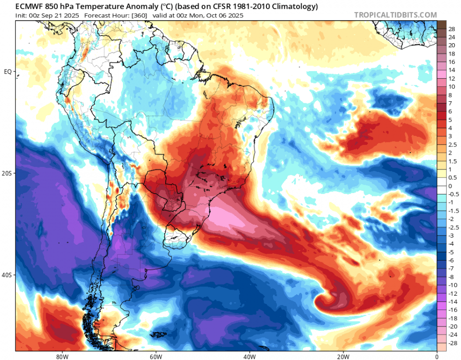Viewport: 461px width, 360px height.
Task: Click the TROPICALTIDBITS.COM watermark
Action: click(395, 15)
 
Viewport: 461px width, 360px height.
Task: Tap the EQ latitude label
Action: click(8, 72)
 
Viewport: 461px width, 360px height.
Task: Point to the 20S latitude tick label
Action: click(7, 173)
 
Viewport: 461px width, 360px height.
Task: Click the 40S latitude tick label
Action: click(7, 275)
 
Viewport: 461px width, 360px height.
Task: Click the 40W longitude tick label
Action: click(249, 356)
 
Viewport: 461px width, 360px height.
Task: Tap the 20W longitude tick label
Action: click(343, 356)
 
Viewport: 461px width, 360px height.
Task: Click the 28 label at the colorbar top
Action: click(451, 29)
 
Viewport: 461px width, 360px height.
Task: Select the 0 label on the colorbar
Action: click(450, 186)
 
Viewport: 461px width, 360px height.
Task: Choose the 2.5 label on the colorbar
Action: click(452, 144)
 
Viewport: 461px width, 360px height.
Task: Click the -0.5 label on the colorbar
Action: click(453, 194)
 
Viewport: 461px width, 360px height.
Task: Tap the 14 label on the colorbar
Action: click(451, 70)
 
